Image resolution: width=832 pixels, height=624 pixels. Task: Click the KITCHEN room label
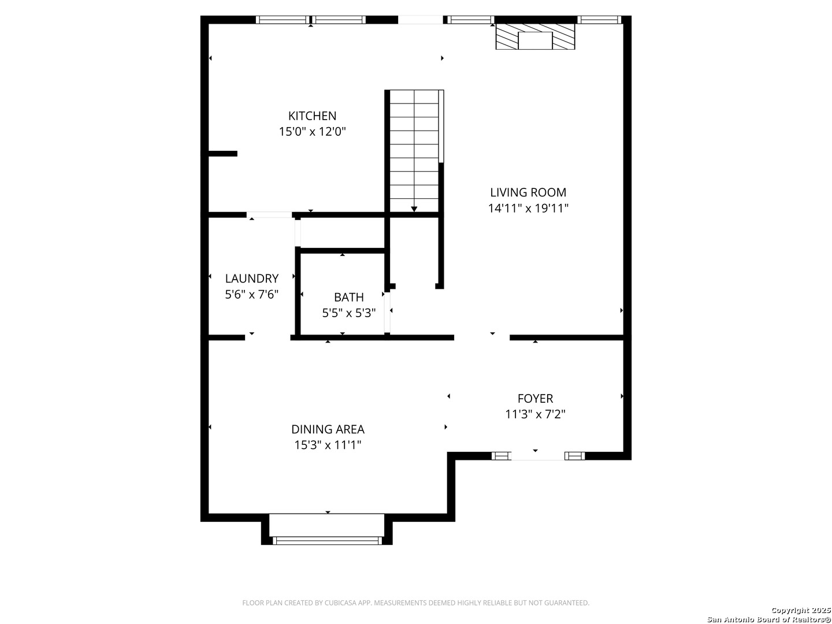click(312, 116)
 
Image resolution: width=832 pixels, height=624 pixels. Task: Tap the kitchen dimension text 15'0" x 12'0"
click(313, 132)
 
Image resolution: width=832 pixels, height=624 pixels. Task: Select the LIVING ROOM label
click(528, 192)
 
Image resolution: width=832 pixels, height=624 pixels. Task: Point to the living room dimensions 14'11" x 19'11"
click(528, 209)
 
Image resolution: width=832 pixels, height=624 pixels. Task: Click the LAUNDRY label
click(252, 278)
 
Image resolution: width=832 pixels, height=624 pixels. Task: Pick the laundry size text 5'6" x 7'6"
click(252, 295)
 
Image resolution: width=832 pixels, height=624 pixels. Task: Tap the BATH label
click(349, 297)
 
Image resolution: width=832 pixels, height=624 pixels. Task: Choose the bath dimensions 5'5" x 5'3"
click(349, 313)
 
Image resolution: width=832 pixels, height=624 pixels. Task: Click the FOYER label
click(535, 398)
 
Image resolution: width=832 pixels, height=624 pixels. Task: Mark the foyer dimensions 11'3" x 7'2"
click(535, 414)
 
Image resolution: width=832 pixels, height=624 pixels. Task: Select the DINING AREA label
click(328, 429)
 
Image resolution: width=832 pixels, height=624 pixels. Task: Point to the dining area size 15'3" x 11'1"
click(328, 445)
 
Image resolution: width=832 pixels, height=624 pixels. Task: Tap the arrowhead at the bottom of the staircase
click(414, 209)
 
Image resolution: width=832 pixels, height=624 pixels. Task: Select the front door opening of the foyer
click(538, 456)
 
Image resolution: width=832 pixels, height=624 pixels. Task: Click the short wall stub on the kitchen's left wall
click(223, 154)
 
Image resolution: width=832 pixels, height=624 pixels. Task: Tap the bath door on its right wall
click(387, 313)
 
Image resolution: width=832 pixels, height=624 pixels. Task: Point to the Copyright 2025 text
click(801, 610)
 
